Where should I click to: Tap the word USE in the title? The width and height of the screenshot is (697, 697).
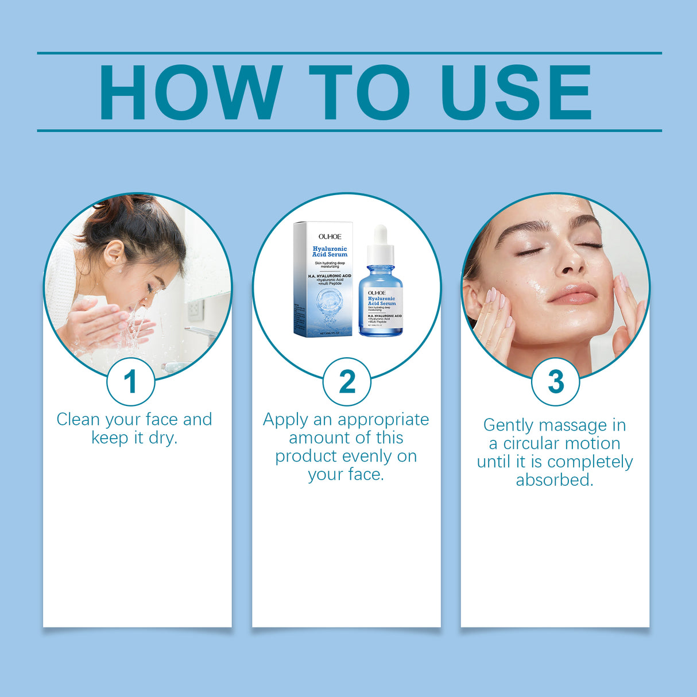(516, 92)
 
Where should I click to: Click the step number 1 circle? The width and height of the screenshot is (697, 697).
(131, 382)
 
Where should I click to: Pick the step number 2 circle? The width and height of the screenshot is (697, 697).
(347, 382)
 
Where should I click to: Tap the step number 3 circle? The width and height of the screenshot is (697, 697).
(555, 382)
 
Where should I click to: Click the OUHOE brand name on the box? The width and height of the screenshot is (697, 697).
(330, 237)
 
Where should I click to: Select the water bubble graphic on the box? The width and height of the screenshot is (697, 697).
(329, 301)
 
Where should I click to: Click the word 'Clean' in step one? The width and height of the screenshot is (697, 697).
(79, 420)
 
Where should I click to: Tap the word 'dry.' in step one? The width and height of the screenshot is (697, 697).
(163, 438)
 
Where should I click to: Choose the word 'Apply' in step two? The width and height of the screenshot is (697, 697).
(285, 420)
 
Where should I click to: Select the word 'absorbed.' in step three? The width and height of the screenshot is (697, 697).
(555, 480)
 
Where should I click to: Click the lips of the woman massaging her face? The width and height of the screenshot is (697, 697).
(573, 294)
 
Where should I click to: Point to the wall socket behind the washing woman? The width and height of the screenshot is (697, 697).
(195, 309)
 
